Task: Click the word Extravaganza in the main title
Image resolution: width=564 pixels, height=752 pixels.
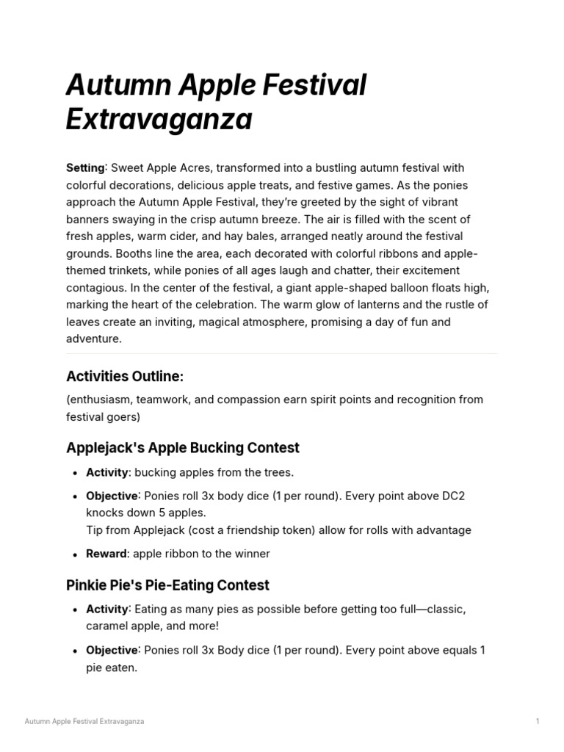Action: point(159,119)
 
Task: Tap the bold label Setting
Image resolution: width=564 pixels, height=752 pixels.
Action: point(85,168)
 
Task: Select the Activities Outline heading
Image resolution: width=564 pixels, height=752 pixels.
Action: point(124,377)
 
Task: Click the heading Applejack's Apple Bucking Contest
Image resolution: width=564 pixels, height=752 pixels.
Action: point(182,448)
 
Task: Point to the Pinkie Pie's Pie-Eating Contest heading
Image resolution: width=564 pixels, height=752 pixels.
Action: point(167,585)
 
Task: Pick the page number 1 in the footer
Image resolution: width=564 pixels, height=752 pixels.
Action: point(538,722)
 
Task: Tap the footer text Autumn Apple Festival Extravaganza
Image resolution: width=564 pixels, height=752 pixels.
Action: point(84,722)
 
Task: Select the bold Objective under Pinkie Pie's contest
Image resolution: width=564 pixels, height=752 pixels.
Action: point(112,650)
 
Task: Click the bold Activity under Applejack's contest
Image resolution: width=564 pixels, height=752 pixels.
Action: point(107,472)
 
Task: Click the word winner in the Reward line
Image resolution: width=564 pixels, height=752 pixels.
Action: point(253,554)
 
